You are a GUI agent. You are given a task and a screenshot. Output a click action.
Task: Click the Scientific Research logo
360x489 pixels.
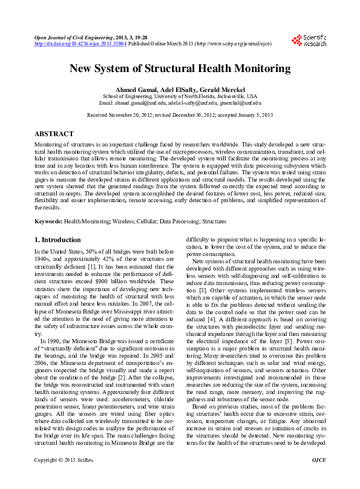click(310, 40)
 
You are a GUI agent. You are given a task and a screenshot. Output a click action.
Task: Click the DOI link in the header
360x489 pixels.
click(80, 44)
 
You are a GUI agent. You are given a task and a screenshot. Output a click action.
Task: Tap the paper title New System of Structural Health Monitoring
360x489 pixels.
click(180, 69)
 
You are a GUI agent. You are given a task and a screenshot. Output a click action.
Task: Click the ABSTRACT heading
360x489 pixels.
click(54, 134)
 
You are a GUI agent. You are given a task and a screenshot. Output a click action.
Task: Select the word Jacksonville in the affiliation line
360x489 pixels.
click(227, 96)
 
